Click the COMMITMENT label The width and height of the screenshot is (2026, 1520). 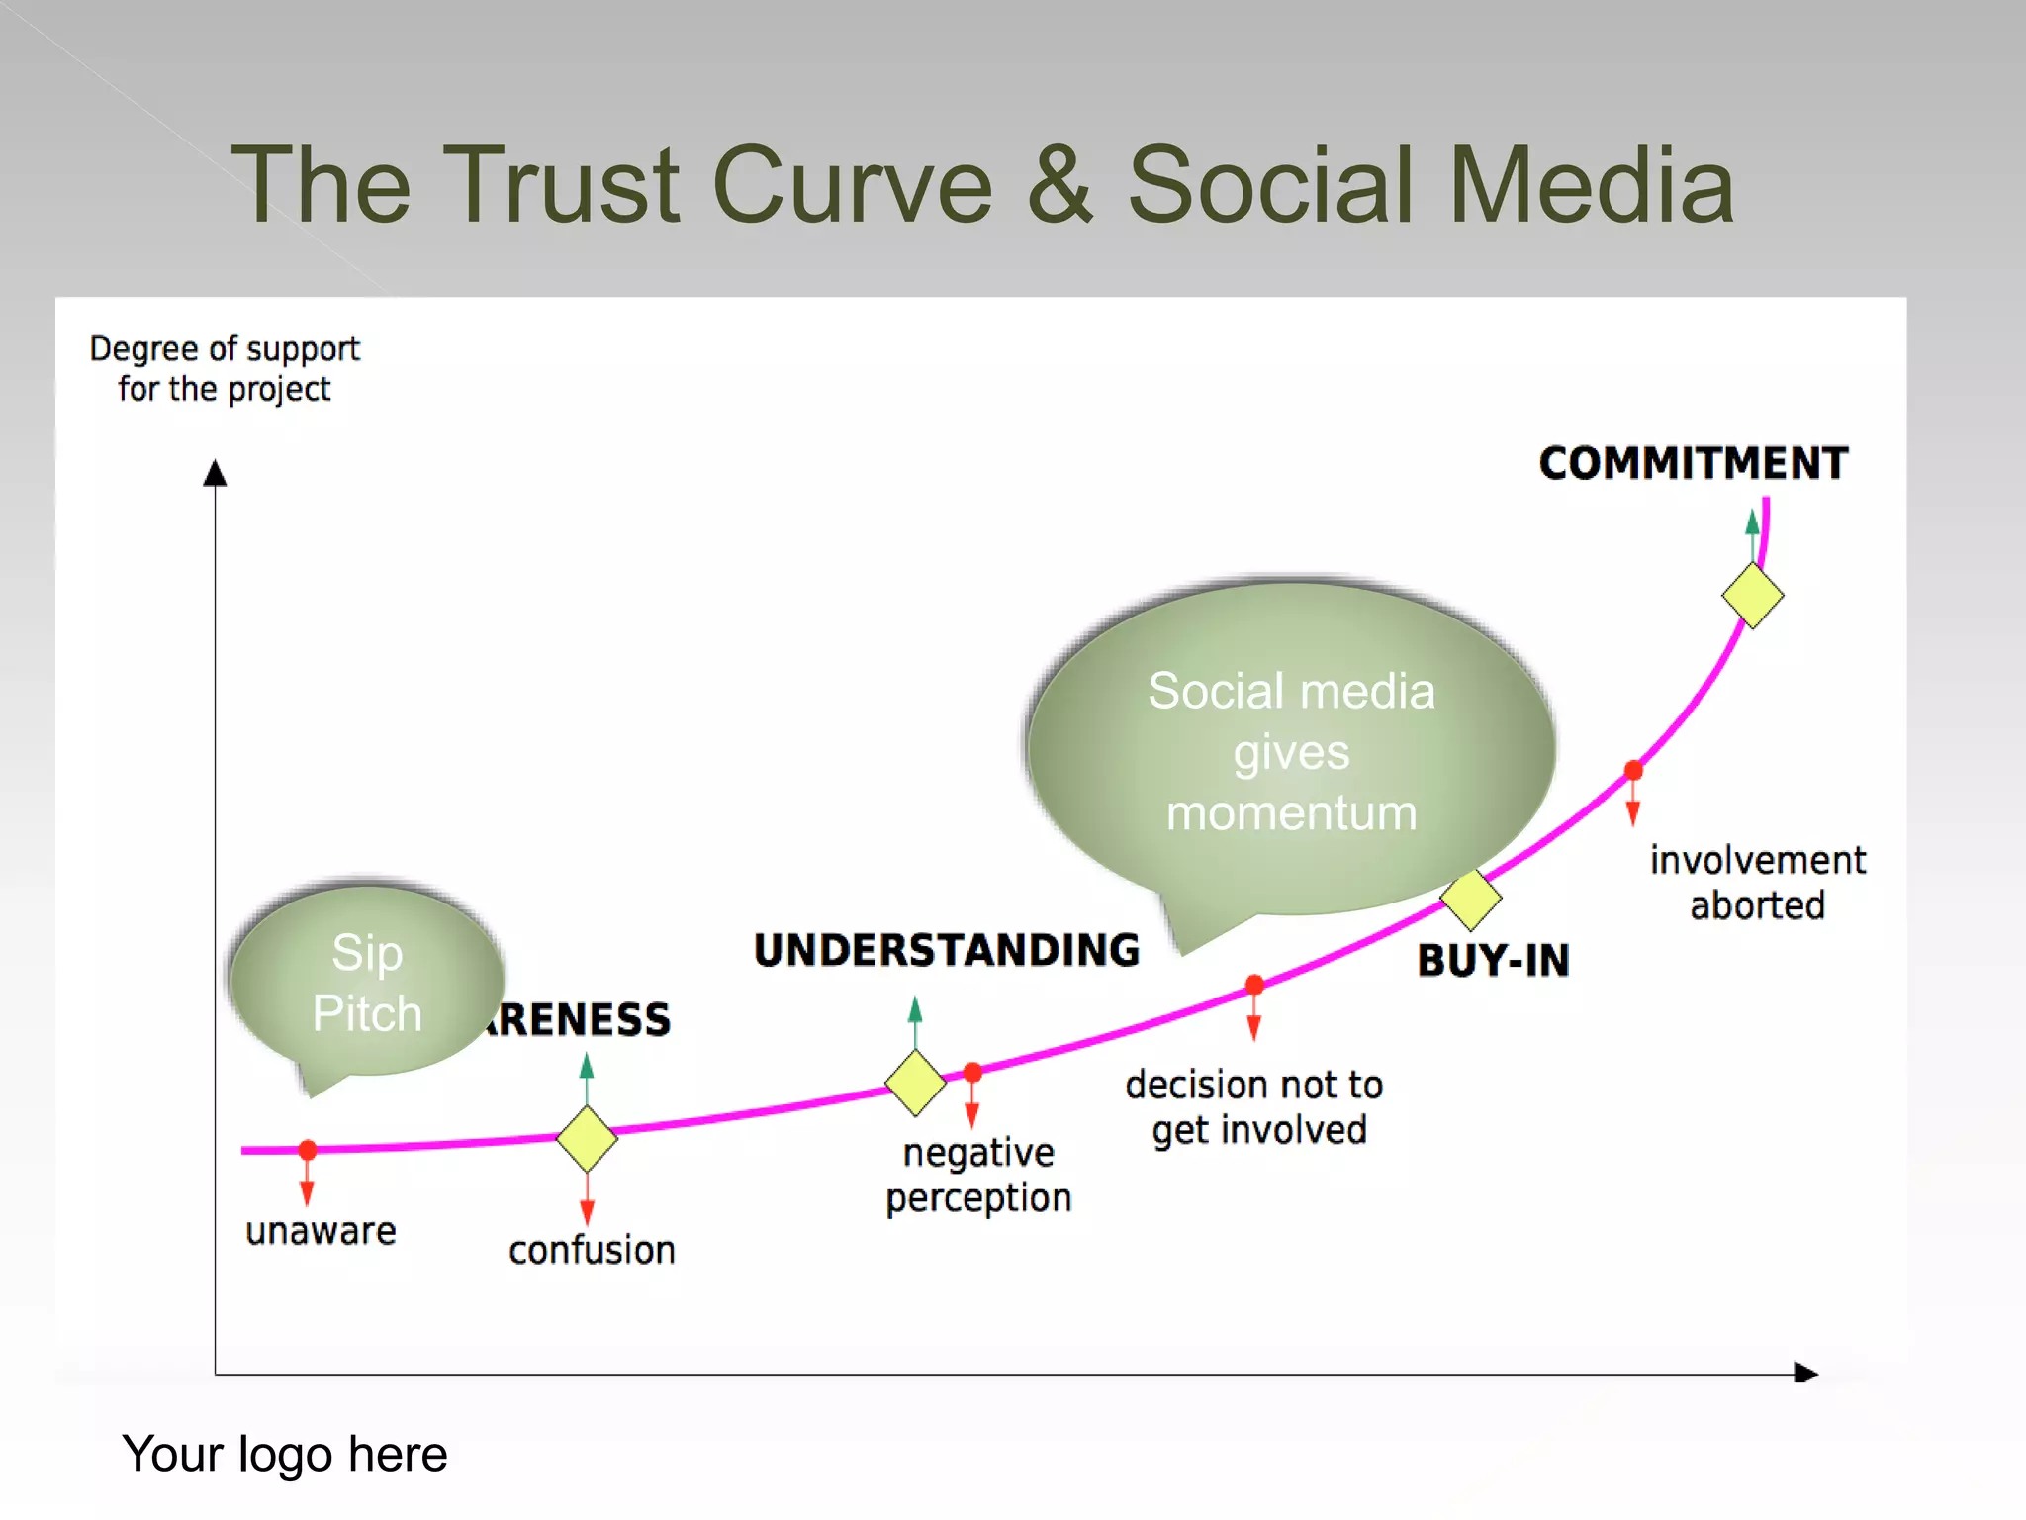tap(1693, 463)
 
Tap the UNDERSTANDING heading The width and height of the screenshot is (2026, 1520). tap(947, 950)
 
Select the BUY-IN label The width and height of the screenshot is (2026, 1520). tap(1493, 961)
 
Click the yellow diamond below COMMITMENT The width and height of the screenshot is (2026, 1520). tap(1752, 596)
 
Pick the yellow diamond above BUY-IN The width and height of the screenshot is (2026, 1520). tap(1471, 899)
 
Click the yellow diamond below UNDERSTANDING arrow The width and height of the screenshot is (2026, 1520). tap(915, 1084)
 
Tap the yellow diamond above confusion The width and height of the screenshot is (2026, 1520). tap(587, 1139)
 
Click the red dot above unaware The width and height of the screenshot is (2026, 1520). tap(308, 1150)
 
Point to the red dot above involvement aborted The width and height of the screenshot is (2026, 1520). tap(1633, 770)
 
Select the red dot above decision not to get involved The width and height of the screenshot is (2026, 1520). tap(1254, 985)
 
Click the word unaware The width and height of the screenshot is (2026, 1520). tap(321, 1231)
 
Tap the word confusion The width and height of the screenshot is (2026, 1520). tap(592, 1251)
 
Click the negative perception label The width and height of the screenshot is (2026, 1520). tap(977, 1176)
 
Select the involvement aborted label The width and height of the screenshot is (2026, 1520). tap(1757, 883)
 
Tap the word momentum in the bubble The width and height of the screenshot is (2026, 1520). tap(1291, 813)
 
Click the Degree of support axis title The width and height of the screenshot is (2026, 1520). tap(225, 369)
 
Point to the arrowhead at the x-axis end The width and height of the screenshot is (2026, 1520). tap(1805, 1374)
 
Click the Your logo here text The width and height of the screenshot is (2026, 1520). tap(285, 1455)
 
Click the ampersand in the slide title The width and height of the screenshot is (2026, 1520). tap(1059, 185)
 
